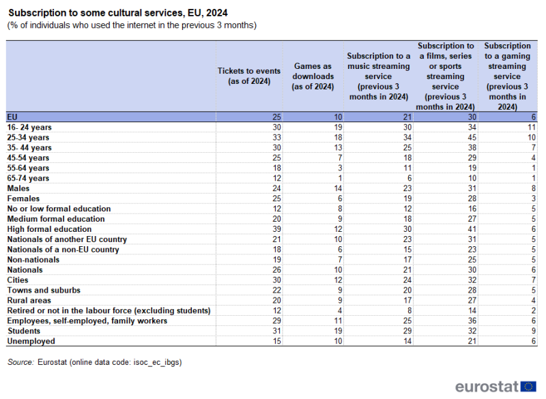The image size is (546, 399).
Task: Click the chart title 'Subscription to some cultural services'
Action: [117, 12]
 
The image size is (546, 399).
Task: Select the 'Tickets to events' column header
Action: [248, 76]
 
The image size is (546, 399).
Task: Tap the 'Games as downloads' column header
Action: [313, 76]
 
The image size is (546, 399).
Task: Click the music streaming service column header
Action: [378, 76]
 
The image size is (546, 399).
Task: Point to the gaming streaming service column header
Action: [507, 76]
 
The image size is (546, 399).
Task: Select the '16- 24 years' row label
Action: [29, 127]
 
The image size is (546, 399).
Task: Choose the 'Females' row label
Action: [23, 198]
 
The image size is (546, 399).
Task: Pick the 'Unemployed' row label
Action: [31, 341]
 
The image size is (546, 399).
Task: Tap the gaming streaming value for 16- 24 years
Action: [530, 127]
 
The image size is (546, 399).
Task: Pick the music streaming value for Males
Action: [404, 188]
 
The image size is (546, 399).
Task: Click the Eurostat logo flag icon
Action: [528, 385]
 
